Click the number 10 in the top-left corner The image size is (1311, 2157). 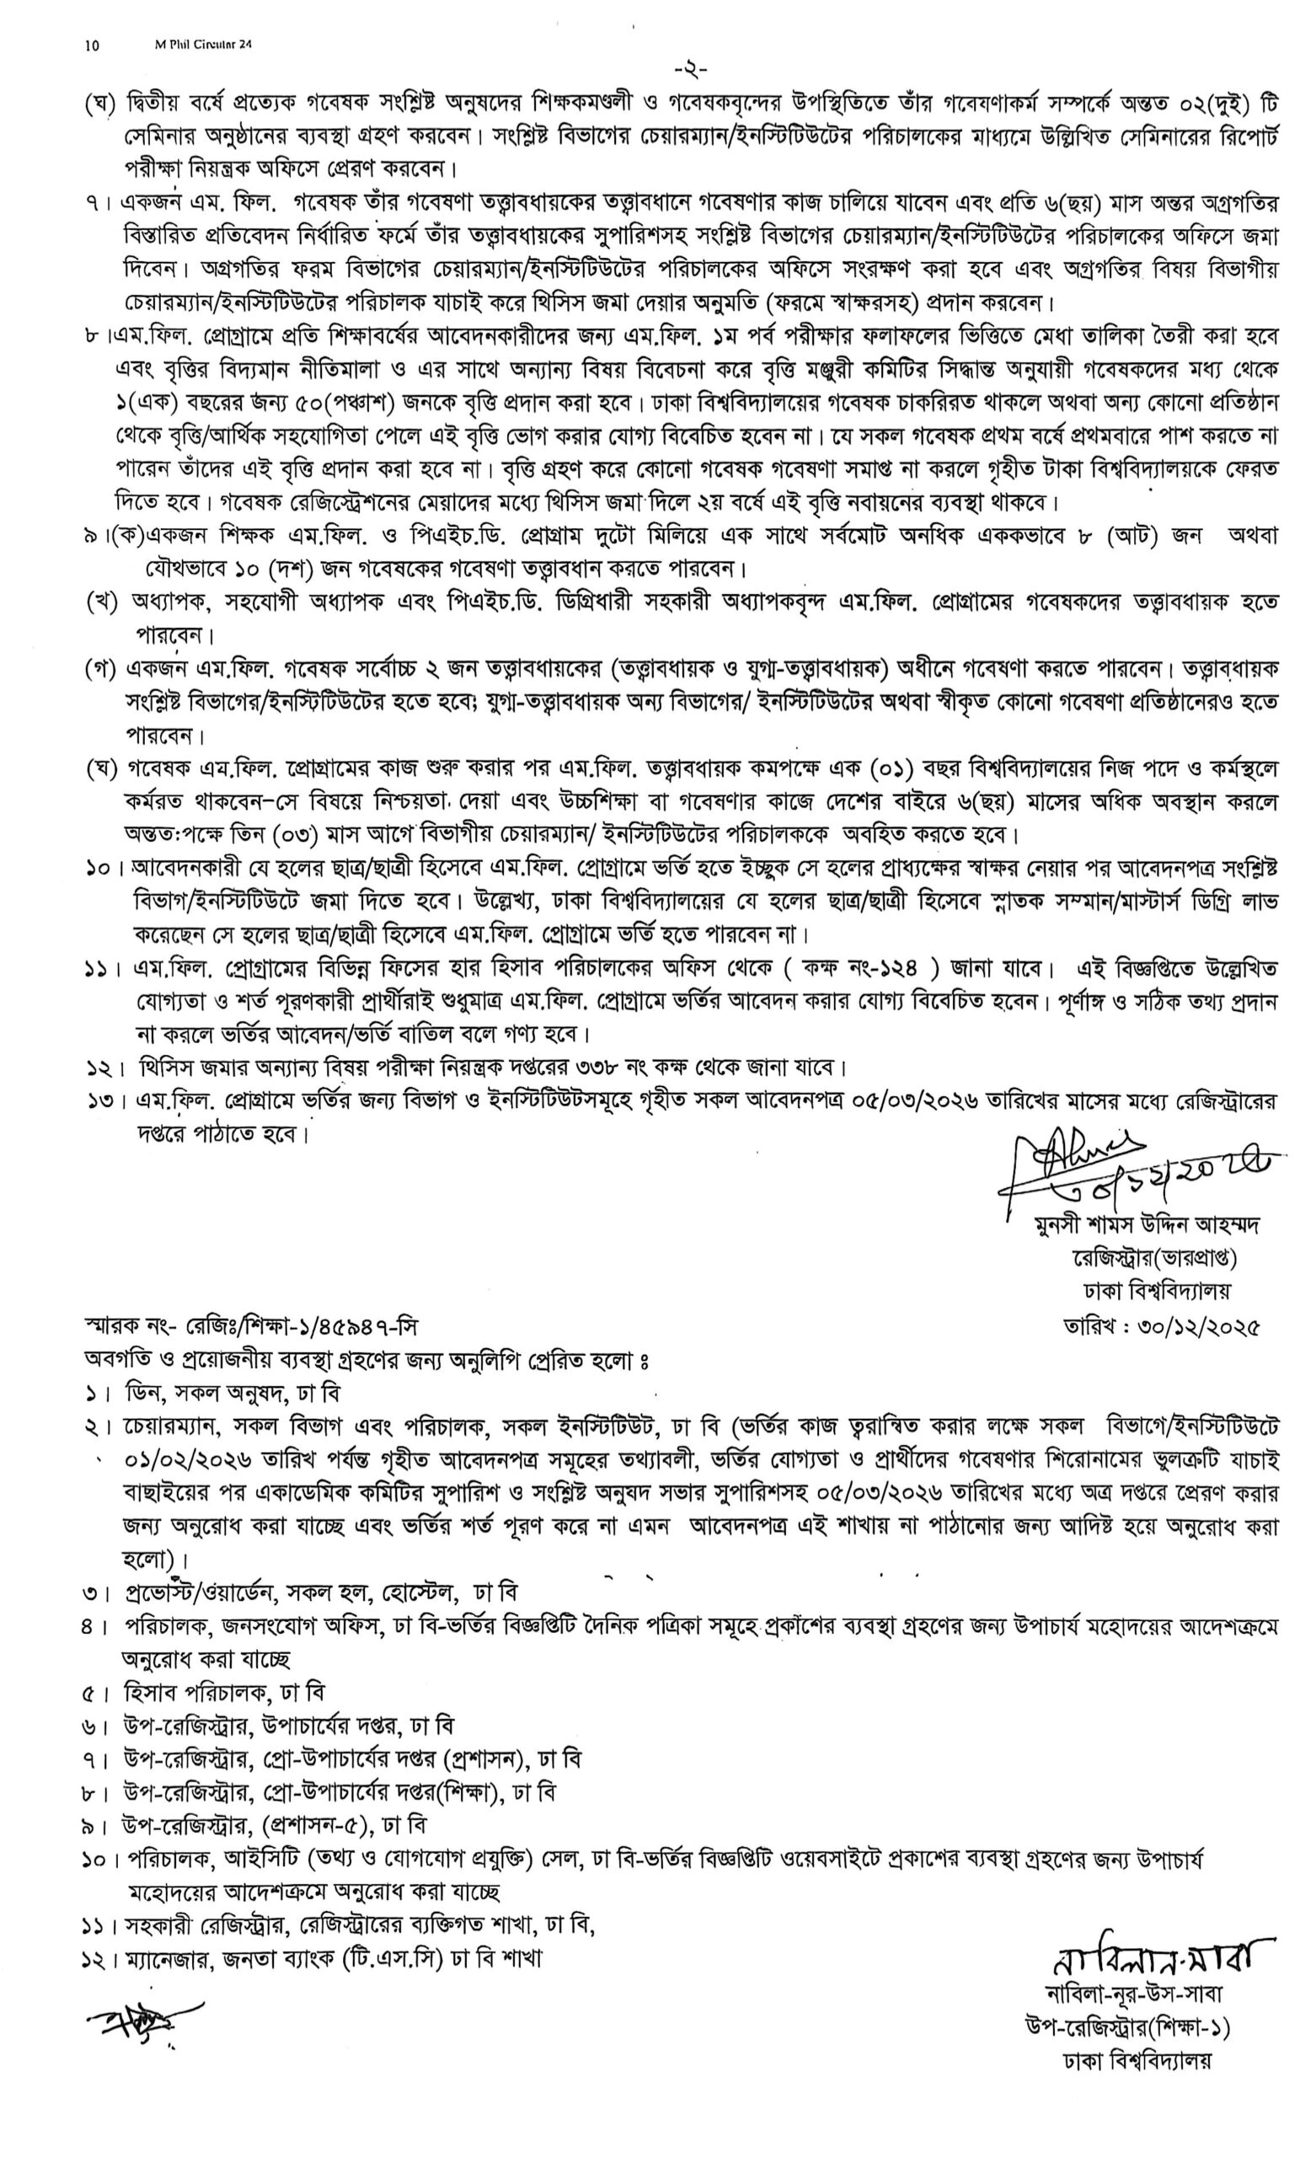point(92,45)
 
